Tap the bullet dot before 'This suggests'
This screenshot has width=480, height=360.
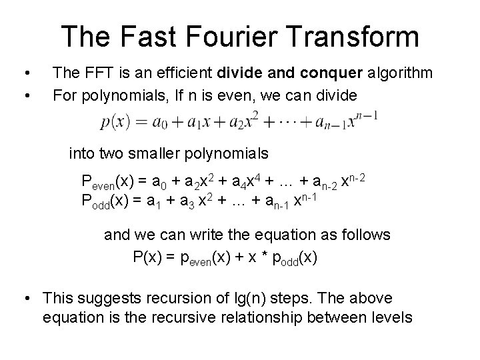tap(27, 299)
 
